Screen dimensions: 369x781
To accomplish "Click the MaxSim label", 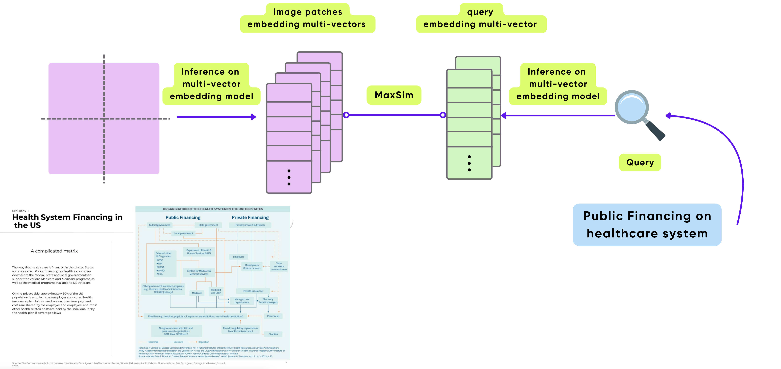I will (x=394, y=95).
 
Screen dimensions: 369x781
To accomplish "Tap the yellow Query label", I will (x=640, y=162).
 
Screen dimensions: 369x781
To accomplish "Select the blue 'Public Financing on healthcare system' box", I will (x=647, y=225).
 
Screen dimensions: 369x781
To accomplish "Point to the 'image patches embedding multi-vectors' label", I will (x=307, y=18).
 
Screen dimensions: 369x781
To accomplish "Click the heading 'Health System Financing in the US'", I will (x=67, y=221).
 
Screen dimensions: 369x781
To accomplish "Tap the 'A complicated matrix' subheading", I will (x=54, y=251).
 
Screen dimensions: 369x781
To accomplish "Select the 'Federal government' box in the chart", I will (x=159, y=225).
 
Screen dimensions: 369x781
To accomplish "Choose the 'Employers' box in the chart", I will (x=239, y=257).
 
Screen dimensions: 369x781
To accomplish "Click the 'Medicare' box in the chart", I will (x=197, y=293).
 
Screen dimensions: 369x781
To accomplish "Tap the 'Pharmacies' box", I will (x=273, y=316).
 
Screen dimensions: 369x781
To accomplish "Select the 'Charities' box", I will (x=273, y=334).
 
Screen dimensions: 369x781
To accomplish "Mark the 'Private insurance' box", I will (x=253, y=291).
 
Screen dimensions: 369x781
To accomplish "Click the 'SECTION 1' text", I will (x=20, y=211).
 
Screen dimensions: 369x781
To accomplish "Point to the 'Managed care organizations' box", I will (x=242, y=301).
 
